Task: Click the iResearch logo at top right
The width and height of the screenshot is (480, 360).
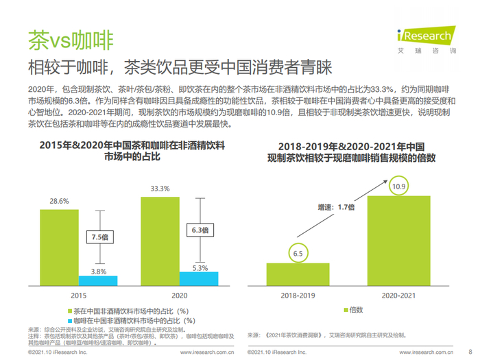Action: (x=426, y=38)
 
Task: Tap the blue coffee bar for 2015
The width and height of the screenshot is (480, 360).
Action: (x=98, y=280)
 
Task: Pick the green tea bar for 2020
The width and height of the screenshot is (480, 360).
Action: (x=160, y=241)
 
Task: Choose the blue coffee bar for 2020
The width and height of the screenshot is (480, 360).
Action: (x=199, y=278)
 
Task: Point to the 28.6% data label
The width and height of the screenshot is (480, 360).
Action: (x=58, y=201)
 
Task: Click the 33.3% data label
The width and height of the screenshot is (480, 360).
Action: (x=160, y=187)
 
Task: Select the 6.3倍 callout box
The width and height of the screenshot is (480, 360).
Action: (x=199, y=230)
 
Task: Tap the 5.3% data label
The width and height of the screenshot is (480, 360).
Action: (x=199, y=267)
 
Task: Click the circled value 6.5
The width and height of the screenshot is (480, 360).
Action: (x=298, y=254)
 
